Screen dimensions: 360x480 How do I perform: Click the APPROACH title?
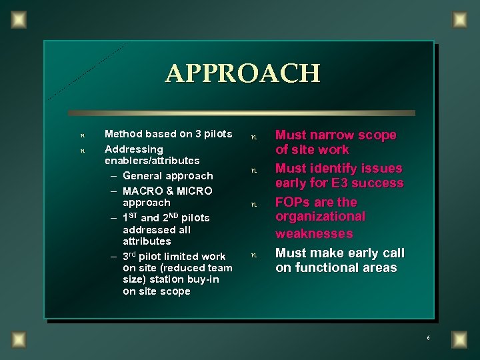(x=243, y=73)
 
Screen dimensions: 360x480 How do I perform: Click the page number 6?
(x=428, y=338)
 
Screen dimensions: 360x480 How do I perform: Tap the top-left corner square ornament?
(x=18, y=20)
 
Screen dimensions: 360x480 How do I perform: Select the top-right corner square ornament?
(x=459, y=20)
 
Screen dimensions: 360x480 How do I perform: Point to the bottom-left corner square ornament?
(x=18, y=339)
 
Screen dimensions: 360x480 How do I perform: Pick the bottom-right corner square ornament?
(x=459, y=339)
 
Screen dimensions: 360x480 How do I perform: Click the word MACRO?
(x=142, y=191)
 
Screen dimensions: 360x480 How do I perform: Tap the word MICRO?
(x=195, y=191)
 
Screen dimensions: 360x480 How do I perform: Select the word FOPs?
(x=293, y=202)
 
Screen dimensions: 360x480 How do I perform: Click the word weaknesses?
(x=314, y=233)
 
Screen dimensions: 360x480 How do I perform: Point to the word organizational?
(x=320, y=217)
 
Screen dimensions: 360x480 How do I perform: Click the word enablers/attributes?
(x=152, y=161)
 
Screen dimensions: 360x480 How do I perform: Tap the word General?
(x=144, y=176)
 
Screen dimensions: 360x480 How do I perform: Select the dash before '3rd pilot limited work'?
(x=114, y=257)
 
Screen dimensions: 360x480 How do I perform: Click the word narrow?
(x=331, y=135)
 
